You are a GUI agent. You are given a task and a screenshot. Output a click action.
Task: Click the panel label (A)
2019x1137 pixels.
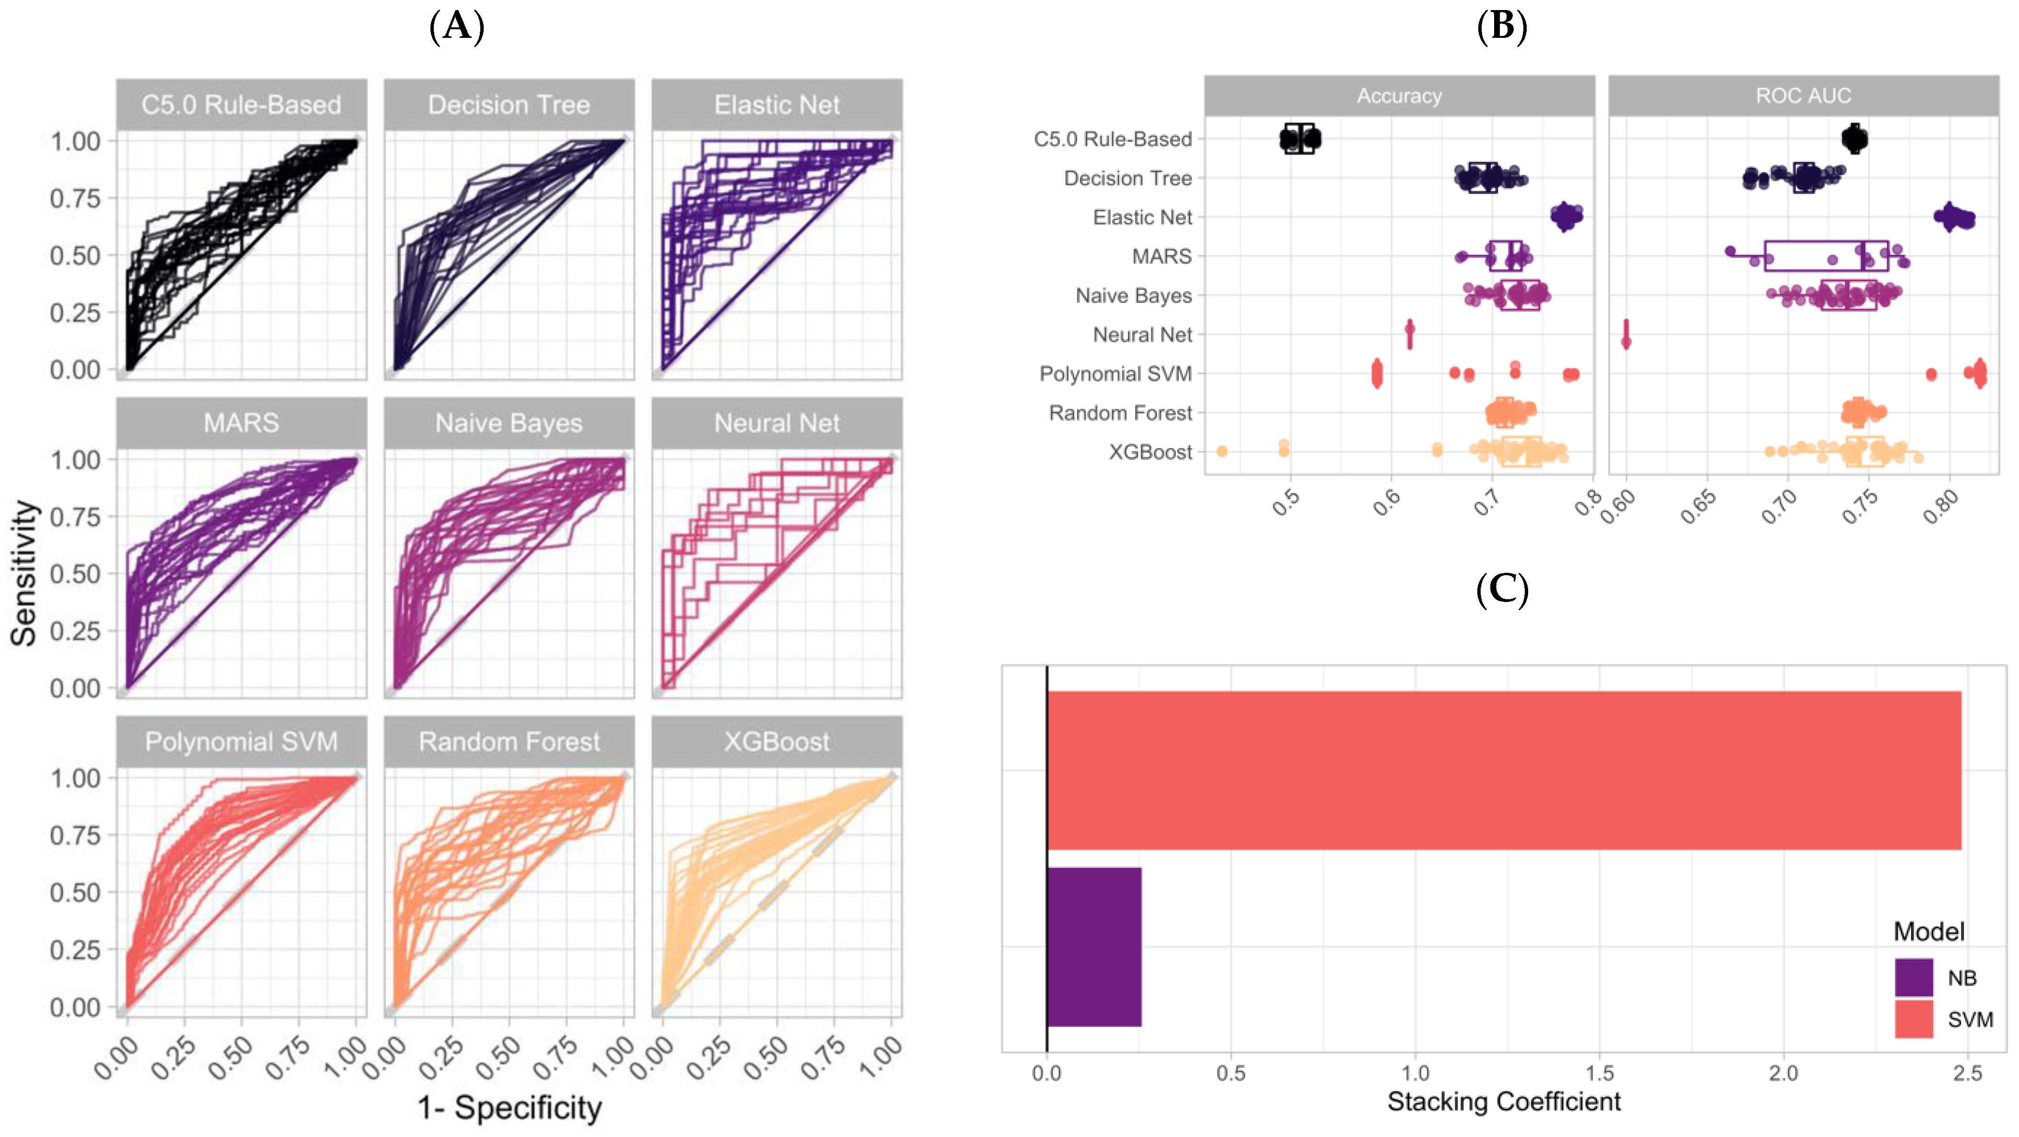[457, 27]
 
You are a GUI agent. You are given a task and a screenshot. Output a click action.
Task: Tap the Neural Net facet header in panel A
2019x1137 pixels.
[776, 423]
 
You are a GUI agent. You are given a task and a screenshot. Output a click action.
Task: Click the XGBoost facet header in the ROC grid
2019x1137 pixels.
[776, 741]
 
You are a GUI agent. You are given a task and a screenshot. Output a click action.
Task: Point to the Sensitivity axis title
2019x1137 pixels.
[23, 573]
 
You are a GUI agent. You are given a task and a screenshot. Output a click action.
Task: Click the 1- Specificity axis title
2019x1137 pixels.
[510, 1107]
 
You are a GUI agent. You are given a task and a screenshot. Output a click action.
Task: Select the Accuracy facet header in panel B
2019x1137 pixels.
[1399, 95]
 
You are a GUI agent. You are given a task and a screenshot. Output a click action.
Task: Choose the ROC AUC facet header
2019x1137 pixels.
[1803, 95]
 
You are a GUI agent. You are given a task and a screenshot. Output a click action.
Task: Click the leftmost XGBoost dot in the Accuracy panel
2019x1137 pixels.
[1221, 452]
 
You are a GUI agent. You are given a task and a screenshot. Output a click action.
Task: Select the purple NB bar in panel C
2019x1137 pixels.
[1094, 947]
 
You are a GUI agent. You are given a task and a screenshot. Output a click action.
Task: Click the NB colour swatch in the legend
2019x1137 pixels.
[1913, 977]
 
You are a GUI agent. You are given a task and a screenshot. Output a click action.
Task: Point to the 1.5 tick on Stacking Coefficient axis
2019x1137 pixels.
[1599, 1072]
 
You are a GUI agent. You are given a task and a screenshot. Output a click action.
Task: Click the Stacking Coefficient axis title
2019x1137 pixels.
[1503, 1101]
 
